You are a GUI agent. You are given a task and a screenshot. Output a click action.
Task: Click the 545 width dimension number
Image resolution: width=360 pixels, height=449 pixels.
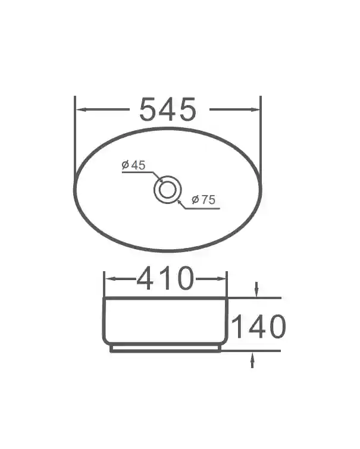(x=168, y=109)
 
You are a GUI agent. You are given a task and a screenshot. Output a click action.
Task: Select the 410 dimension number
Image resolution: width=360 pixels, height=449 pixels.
(x=165, y=278)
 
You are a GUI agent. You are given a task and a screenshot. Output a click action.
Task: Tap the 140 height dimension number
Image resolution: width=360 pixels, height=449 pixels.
(x=258, y=326)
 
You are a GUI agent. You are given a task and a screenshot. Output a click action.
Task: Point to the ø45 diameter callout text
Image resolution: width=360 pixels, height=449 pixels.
(x=133, y=165)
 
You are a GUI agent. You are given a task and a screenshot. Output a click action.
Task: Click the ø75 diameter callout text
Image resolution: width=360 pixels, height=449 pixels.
(x=204, y=200)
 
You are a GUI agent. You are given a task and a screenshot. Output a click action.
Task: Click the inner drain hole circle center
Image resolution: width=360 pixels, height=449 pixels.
(x=168, y=190)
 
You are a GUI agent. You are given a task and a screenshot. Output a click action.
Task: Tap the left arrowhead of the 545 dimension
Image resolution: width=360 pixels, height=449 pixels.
(x=81, y=109)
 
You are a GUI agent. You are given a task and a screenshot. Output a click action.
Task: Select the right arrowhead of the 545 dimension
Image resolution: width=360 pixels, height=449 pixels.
(x=255, y=109)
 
